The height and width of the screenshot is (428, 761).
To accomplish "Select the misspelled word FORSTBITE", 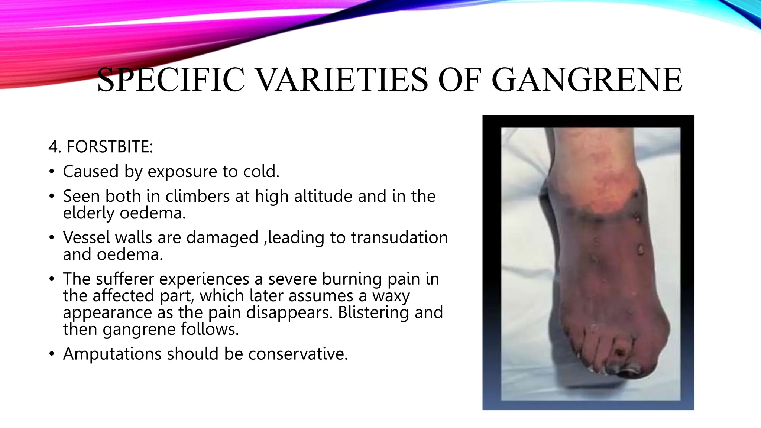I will tap(110, 147).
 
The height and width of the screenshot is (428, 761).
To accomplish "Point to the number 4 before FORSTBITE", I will tap(54, 147).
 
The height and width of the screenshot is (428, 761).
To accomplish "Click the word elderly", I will tap(89, 213).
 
